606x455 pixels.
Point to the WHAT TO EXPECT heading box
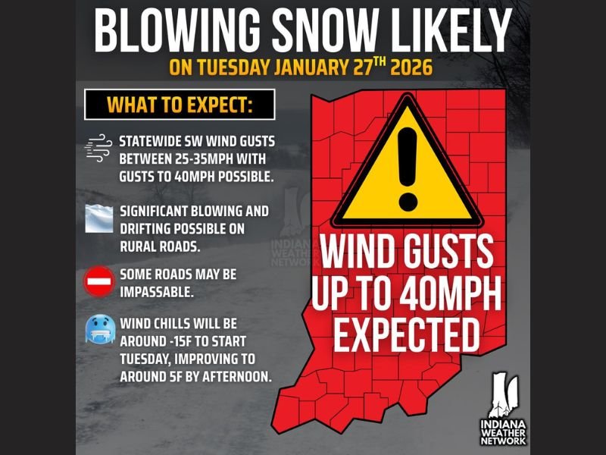click(x=180, y=105)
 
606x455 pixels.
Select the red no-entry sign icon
click(x=98, y=282)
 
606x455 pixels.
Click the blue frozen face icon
click(x=98, y=331)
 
